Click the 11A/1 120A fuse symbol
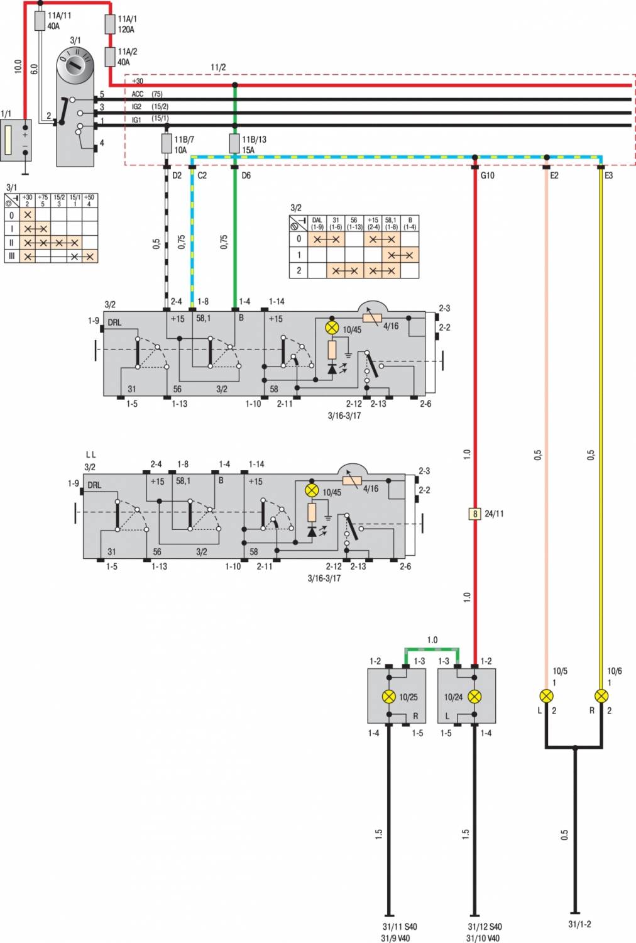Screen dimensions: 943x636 110,24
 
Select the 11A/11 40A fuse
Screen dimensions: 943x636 40,21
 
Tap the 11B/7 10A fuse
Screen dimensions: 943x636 167,143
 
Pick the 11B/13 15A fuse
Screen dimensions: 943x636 234,143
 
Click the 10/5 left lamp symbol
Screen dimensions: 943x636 547,696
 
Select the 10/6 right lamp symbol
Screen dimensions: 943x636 601,696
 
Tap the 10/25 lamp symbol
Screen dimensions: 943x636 390,697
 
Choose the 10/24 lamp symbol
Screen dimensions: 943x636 474,697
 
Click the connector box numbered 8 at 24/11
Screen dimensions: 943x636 475,514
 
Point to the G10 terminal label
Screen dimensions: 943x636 487,175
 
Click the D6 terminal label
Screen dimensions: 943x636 246,175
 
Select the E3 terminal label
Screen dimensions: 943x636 608,175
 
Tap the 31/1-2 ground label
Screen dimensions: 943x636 579,924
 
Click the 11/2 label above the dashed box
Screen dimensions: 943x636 218,67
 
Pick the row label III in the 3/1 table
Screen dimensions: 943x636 11,256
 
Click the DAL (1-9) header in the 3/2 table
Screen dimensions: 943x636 317,223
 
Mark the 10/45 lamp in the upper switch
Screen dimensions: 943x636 332,328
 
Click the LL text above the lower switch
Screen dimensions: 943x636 90,455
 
